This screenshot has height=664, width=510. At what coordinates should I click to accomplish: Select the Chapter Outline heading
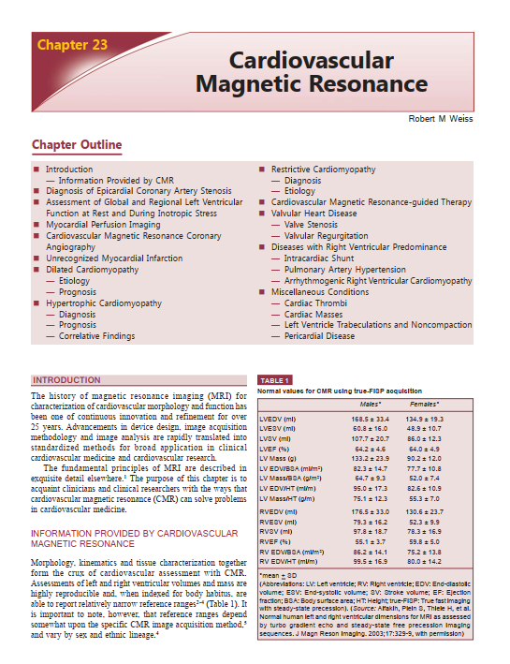(77, 145)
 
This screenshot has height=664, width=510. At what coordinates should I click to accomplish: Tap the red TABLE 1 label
(274, 380)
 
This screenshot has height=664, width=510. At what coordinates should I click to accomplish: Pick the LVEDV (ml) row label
(277, 417)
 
